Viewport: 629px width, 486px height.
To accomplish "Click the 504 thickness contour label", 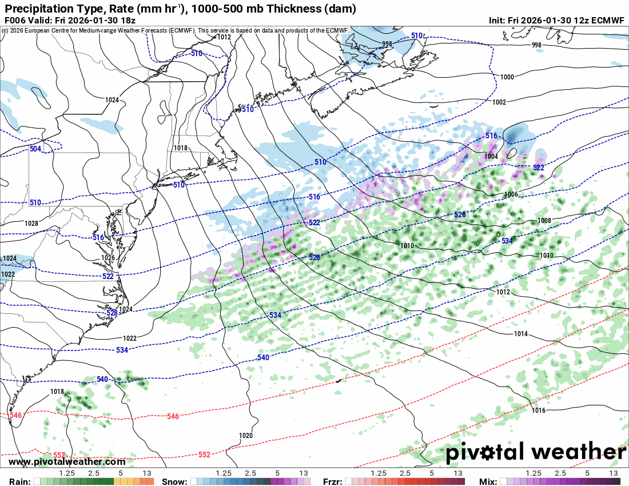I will [35, 149].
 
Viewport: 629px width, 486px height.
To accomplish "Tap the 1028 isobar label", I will [32, 223].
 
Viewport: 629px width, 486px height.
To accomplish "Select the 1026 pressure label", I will [108, 258].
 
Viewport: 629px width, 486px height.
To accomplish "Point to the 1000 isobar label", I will [507, 77].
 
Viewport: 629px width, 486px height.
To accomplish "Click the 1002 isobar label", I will [499, 102].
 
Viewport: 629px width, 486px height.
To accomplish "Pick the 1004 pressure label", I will [491, 156].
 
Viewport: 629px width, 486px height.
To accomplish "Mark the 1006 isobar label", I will [512, 194].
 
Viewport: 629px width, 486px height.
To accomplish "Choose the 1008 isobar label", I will [544, 221].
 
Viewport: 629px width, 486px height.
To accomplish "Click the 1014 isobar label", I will [520, 334].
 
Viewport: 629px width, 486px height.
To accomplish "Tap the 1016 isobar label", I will [538, 411].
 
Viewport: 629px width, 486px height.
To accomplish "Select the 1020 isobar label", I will [245, 436].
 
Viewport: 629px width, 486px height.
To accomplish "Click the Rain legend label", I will [16, 481].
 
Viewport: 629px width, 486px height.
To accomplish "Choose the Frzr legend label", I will [333, 481].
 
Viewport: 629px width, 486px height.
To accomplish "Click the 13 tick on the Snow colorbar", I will [304, 473].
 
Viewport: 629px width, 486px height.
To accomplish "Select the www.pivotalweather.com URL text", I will [67, 462].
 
